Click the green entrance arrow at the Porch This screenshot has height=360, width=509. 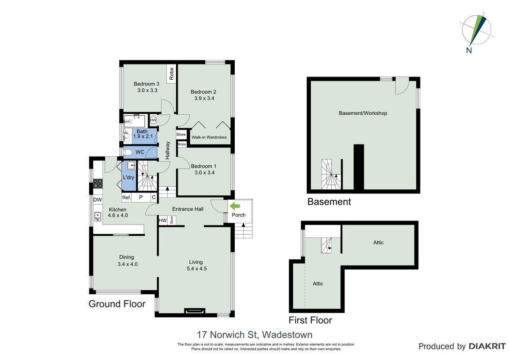coord(235,206)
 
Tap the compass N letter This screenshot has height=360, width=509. coord(469,50)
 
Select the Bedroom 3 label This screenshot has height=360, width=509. coord(147,84)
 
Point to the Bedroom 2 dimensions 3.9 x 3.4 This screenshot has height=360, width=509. coord(204,98)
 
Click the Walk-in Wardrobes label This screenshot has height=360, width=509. coord(209,137)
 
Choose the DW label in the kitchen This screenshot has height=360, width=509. coord(98,200)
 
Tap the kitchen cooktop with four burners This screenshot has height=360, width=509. coord(98,184)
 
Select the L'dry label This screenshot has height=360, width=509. coord(129,177)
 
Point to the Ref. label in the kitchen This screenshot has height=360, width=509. coord(127,197)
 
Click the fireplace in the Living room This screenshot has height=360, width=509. coord(195,310)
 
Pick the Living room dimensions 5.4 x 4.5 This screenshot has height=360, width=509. coord(196,269)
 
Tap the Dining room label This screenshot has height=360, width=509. coord(127,257)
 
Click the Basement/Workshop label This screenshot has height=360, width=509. coord(363,113)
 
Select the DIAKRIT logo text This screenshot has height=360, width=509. coord(487,346)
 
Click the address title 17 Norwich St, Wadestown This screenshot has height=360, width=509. coord(255,334)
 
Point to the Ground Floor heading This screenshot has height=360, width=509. coord(117,304)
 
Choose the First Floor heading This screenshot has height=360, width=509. coord(310,320)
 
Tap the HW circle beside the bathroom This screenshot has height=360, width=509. coord(153,120)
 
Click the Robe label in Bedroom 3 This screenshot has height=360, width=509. coord(171,74)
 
